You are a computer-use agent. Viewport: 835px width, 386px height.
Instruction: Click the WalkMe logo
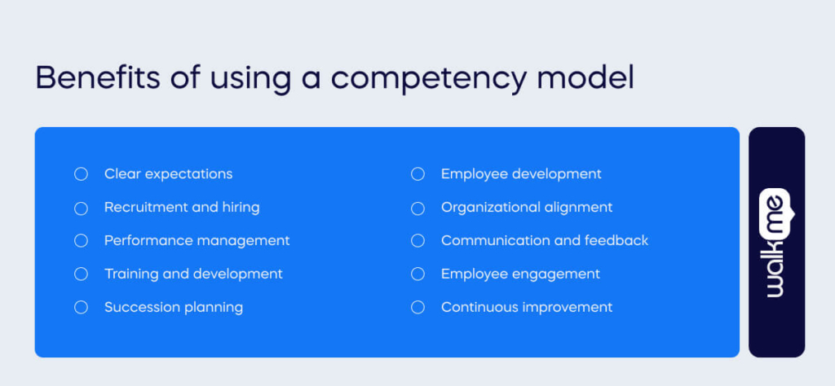[x=775, y=243]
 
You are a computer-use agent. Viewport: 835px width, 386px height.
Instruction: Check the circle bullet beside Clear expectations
[x=81, y=174]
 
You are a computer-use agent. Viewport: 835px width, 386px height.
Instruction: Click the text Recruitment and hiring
[x=182, y=207]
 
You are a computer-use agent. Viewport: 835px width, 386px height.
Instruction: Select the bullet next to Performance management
[x=81, y=241]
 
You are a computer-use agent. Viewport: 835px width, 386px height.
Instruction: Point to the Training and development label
[x=193, y=274]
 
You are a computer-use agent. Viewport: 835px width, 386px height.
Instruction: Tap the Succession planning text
[x=174, y=307]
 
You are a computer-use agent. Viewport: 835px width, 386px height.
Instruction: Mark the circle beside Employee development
[x=417, y=174]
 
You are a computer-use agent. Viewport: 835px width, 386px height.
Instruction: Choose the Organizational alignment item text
[x=527, y=207]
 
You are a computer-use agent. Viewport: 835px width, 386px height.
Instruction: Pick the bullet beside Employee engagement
[x=417, y=274]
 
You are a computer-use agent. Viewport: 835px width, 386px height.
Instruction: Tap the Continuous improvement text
[x=527, y=307]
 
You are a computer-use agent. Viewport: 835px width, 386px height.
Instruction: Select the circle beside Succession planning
[x=81, y=308]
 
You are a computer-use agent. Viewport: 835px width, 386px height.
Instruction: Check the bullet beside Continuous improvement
[x=417, y=308]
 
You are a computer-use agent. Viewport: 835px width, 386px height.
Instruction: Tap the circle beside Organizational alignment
[x=417, y=208]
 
